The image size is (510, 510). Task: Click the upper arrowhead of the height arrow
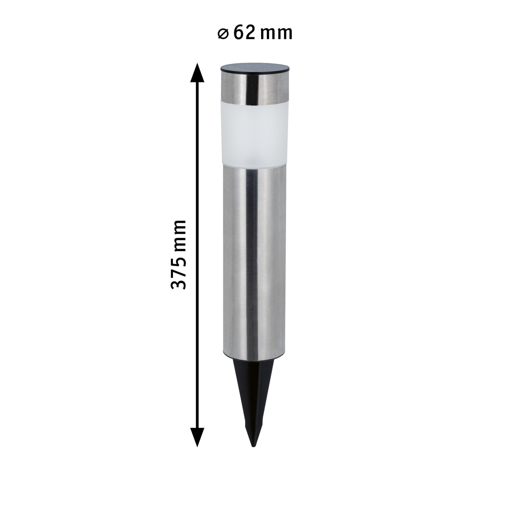click(x=197, y=73)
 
